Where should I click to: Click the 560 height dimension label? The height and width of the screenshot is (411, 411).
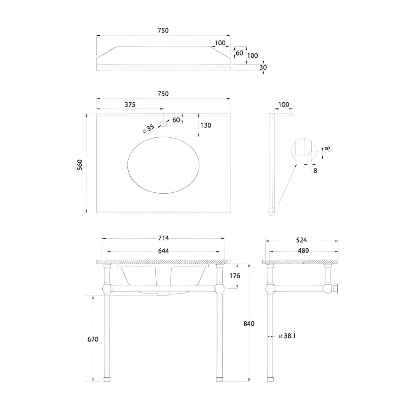pyautogui.click(x=80, y=165)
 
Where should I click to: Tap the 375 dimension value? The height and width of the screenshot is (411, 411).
pyautogui.click(x=130, y=104)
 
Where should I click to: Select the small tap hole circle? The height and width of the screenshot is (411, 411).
pyautogui.click(x=163, y=123)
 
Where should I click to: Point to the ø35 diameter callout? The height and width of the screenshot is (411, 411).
pyautogui.click(x=149, y=129)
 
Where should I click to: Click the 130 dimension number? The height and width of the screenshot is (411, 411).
pyautogui.click(x=206, y=125)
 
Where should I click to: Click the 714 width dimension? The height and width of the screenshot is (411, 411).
pyautogui.click(x=163, y=238)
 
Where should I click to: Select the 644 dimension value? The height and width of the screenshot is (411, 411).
pyautogui.click(x=163, y=251)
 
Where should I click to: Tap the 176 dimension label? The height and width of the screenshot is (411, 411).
pyautogui.click(x=235, y=276)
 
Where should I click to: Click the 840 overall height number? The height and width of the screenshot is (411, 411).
pyautogui.click(x=249, y=324)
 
